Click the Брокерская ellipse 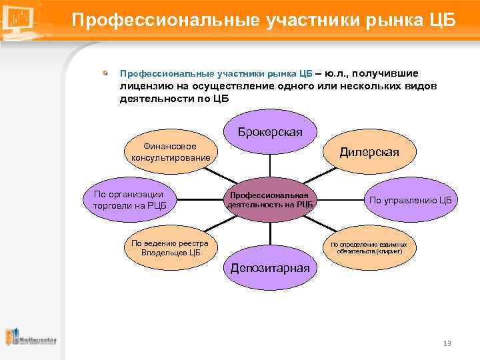click(270, 132)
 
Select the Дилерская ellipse click(369, 152)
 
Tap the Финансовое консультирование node click(171, 151)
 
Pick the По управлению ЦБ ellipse click(410, 199)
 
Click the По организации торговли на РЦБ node click(129, 199)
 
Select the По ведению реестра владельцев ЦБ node click(170, 247)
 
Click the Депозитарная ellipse click(270, 268)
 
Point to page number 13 click(447, 343)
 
